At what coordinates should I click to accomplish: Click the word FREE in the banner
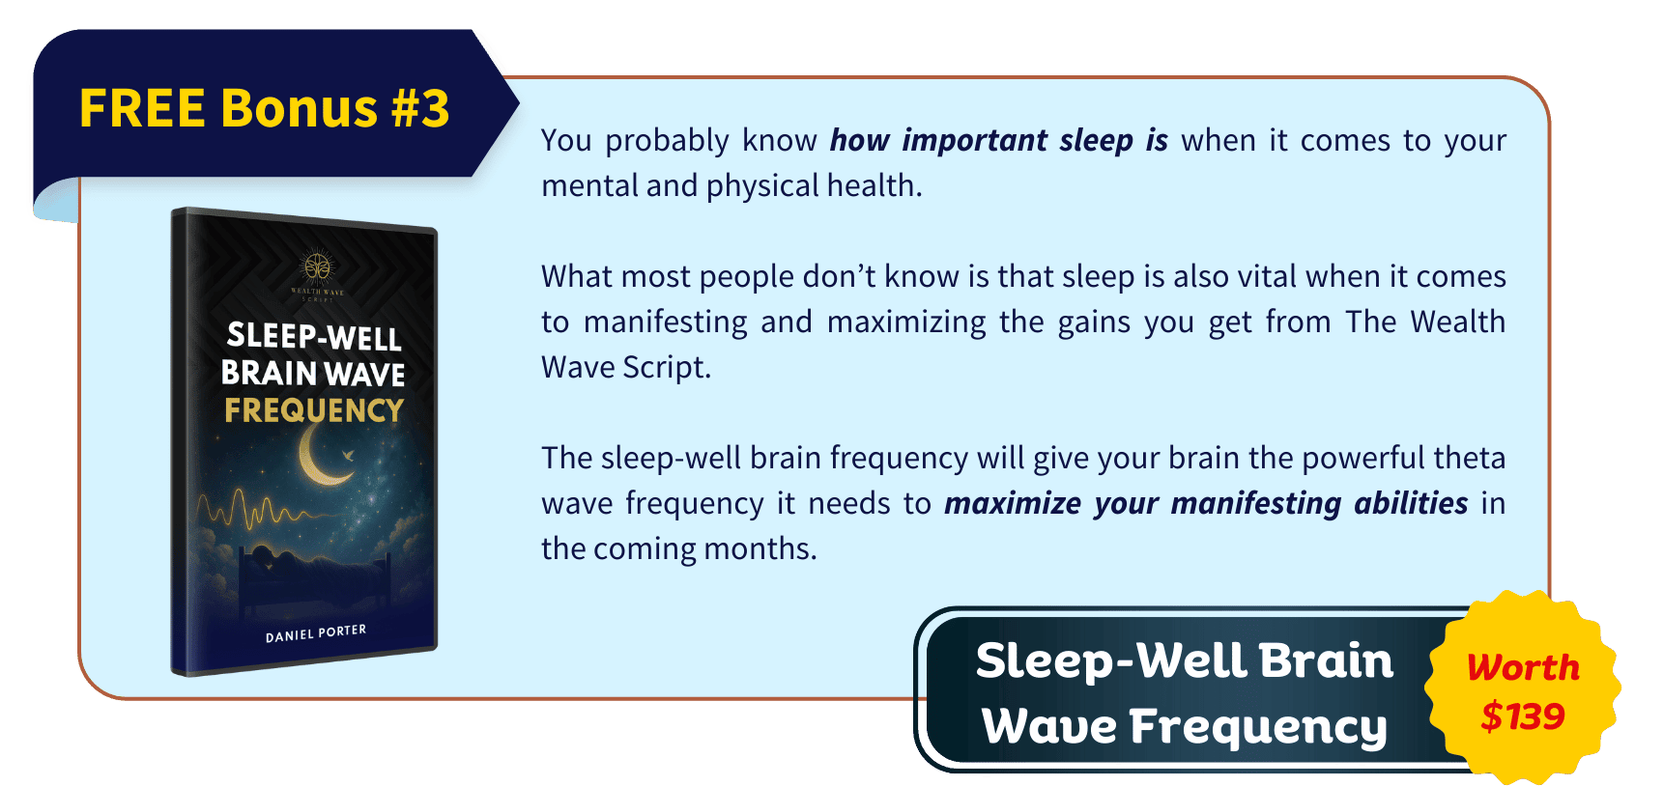(x=142, y=108)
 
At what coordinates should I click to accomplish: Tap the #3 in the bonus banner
(x=420, y=108)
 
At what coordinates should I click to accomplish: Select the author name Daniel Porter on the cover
(x=316, y=633)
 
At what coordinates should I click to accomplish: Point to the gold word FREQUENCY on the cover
(x=314, y=410)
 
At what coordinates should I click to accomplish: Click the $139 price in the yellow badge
(x=1523, y=716)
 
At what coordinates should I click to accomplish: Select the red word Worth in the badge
(x=1523, y=667)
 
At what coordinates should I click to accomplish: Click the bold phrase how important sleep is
(x=998, y=141)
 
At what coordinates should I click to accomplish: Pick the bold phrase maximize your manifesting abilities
(x=1205, y=503)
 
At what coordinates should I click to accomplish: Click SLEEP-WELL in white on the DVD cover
(x=314, y=336)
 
